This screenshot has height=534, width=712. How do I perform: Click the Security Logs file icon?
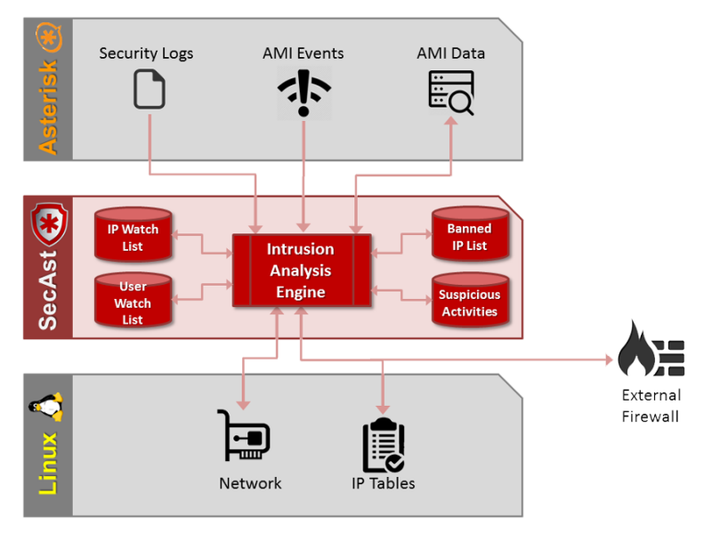click(x=150, y=90)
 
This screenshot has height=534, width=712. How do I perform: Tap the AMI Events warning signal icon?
click(x=303, y=91)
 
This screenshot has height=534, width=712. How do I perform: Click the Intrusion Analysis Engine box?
click(x=301, y=271)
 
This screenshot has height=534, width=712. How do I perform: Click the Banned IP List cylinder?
click(x=469, y=236)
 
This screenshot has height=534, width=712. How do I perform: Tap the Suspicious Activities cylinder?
click(x=469, y=302)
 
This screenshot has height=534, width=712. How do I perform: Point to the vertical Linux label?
click(x=47, y=463)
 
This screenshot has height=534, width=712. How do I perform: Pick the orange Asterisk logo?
click(x=47, y=38)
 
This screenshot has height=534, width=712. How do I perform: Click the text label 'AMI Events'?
click(x=303, y=53)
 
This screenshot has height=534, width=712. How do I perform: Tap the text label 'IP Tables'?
click(x=384, y=483)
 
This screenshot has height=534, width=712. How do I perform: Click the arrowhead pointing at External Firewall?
click(x=611, y=360)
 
